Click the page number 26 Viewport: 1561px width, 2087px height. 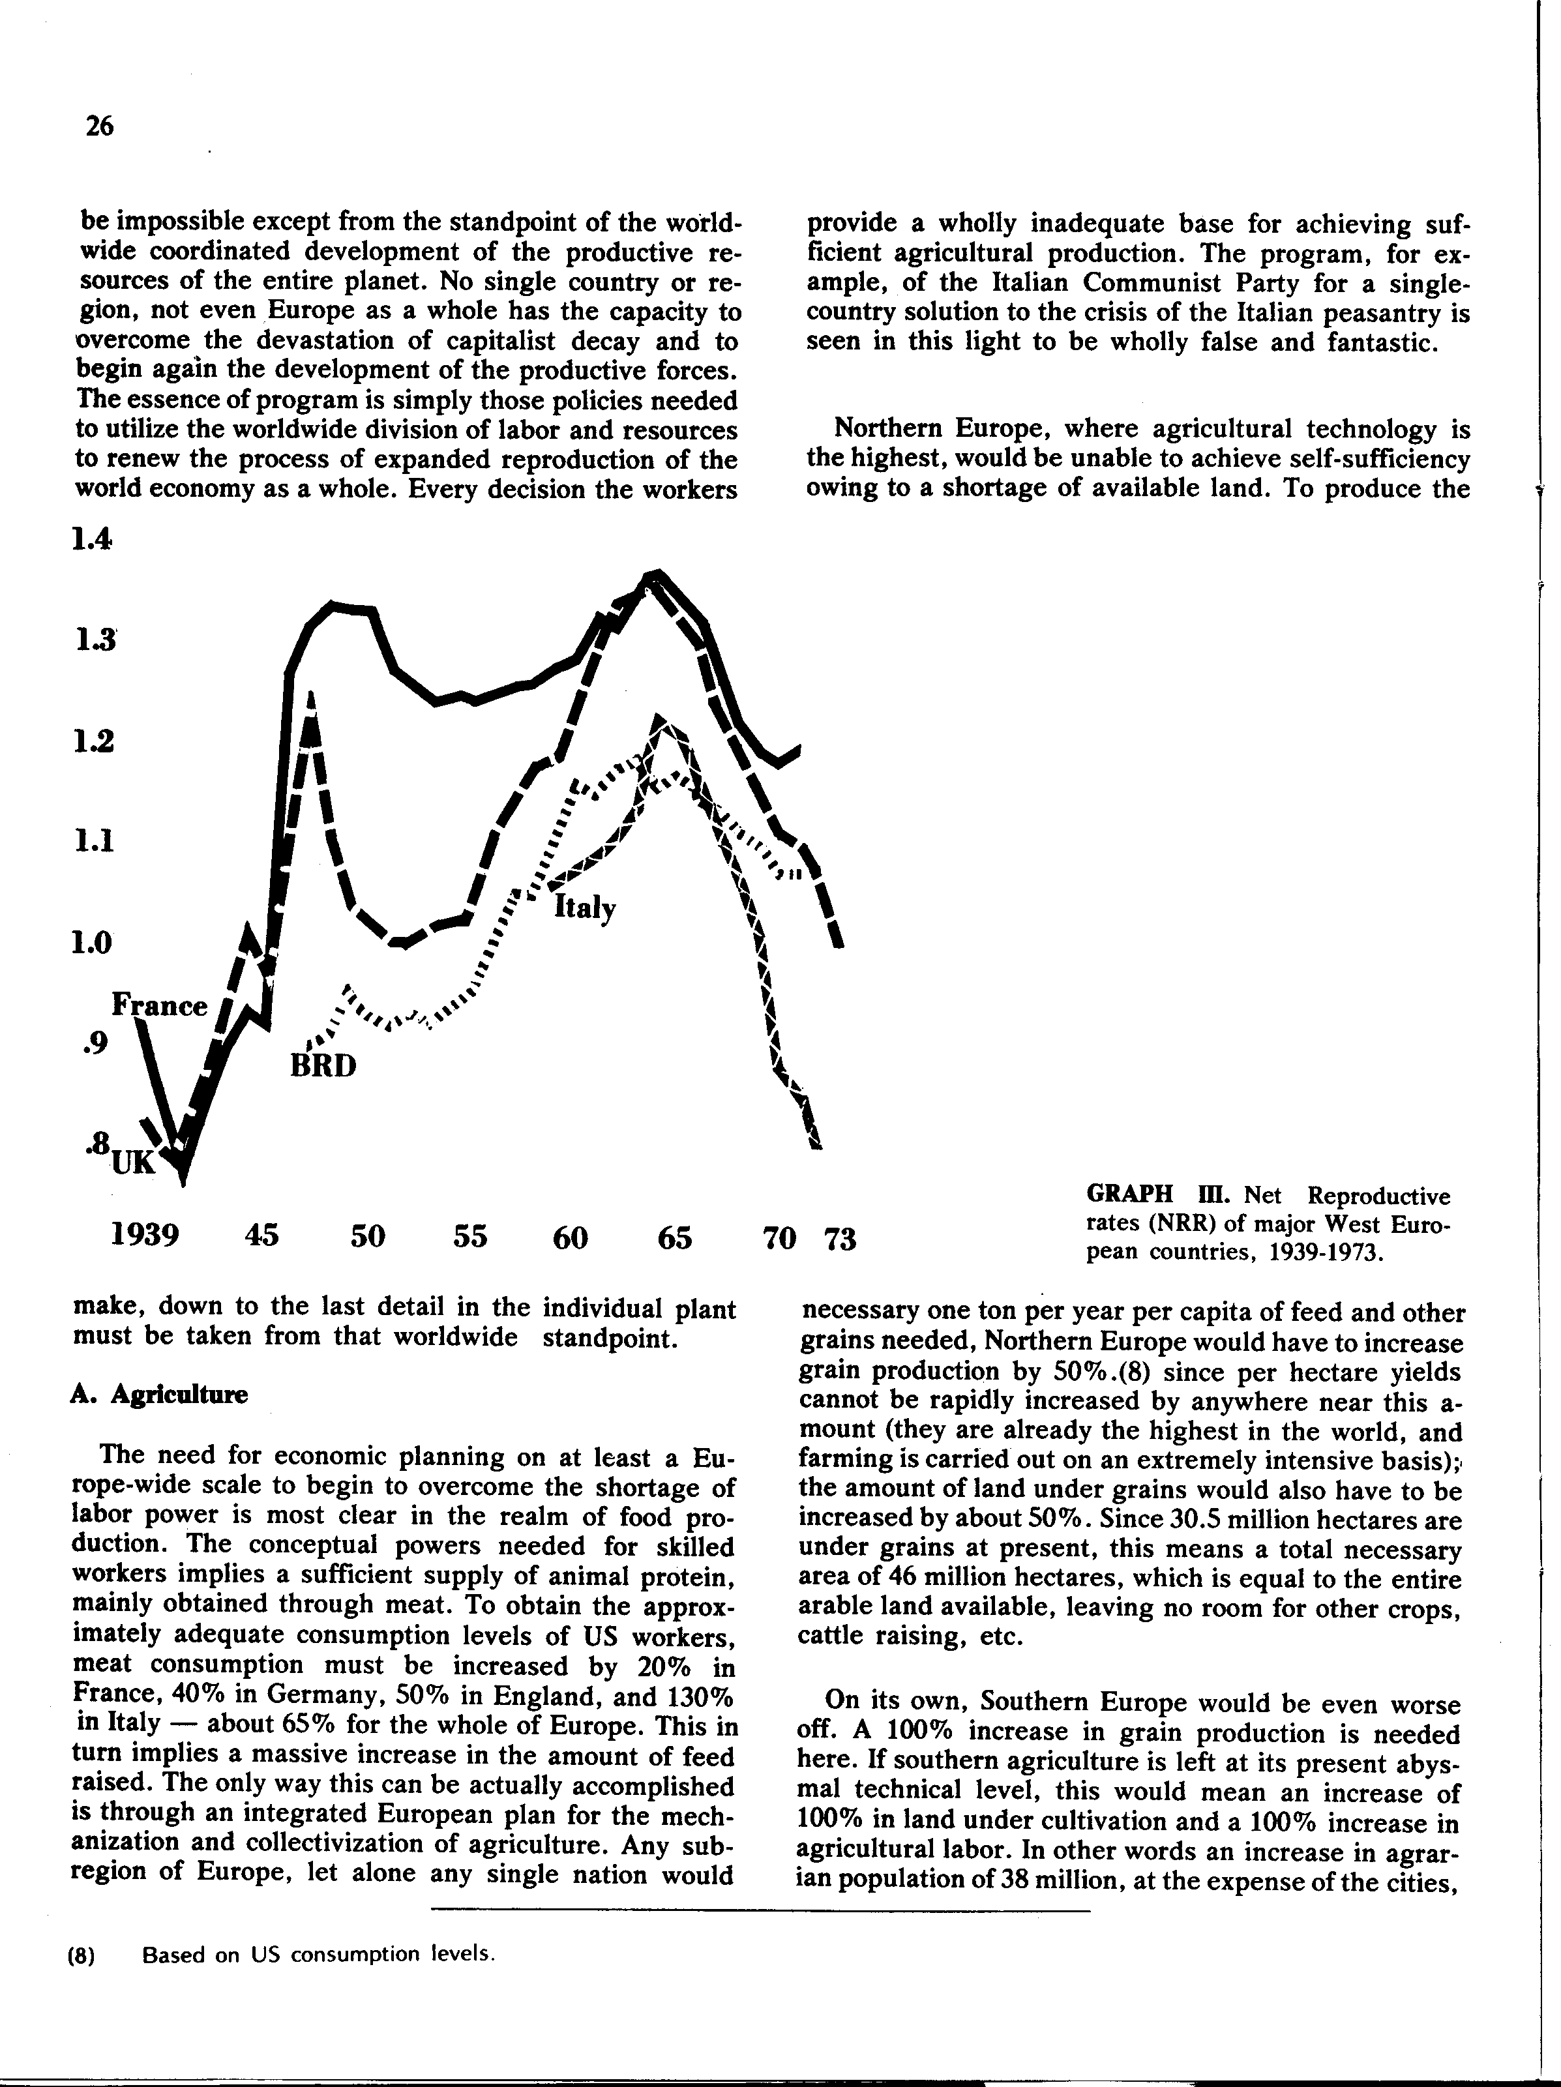[x=99, y=125]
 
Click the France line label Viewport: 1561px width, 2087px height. [x=160, y=1005]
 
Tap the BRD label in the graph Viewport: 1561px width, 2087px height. [x=323, y=1066]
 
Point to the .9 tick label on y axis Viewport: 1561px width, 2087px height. [x=95, y=1043]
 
